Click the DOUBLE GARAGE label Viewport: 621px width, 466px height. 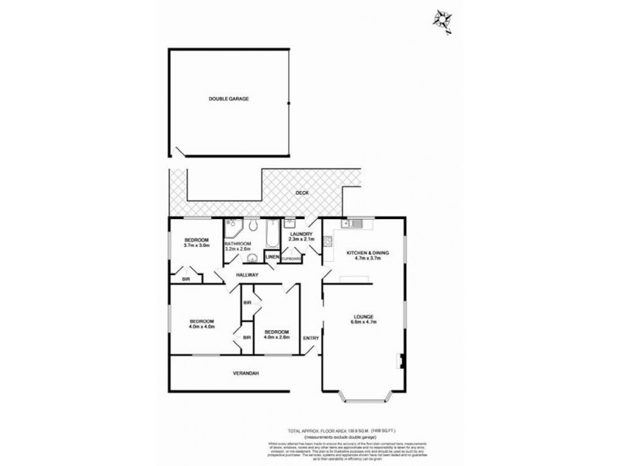coord(228,99)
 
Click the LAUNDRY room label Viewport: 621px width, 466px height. coord(300,234)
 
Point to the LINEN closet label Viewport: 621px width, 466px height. coord(272,257)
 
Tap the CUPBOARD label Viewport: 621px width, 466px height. coord(292,258)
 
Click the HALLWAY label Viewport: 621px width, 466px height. coord(248,275)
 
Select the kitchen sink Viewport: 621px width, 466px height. coord(353,224)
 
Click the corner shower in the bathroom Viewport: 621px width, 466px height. coord(233,228)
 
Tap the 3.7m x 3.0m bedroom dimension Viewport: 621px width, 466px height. coord(197,245)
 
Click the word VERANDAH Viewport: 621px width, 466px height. coord(245,374)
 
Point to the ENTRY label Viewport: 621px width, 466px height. coord(310,337)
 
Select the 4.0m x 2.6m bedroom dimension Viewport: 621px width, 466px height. coord(276,336)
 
